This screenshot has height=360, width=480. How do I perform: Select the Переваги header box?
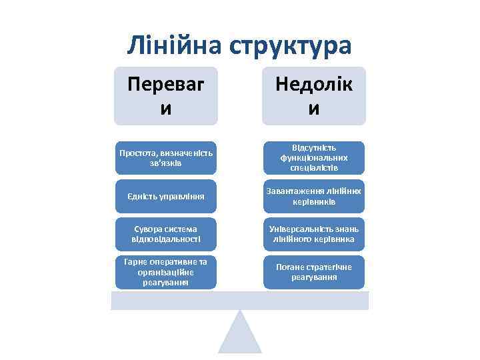(166, 95)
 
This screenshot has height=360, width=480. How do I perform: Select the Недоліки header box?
(314, 95)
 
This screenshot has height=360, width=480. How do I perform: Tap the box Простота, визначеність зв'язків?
(166, 158)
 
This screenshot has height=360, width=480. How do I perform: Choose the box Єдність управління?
(166, 197)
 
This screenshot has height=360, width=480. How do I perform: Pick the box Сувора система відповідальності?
(166, 234)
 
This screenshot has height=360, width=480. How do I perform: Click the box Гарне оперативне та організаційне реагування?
(166, 272)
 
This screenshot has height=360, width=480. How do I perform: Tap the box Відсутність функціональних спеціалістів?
(314, 158)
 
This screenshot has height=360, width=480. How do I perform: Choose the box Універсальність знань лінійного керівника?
(314, 234)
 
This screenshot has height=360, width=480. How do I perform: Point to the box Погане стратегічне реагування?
(314, 272)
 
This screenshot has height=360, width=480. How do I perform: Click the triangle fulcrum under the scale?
(240, 333)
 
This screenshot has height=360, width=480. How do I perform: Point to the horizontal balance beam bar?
(240, 301)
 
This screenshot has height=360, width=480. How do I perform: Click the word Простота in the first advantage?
(135, 153)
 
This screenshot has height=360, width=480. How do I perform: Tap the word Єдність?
(142, 197)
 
